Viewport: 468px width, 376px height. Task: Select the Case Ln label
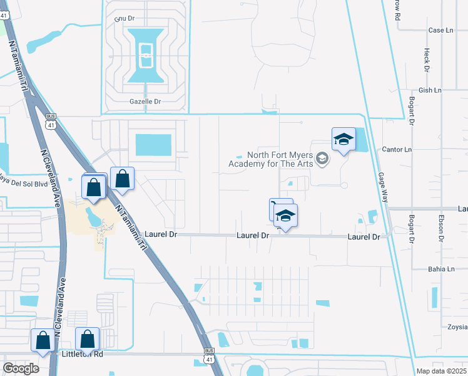(440, 30)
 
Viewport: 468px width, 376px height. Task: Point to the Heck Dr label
(427, 61)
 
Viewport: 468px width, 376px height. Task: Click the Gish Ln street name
(430, 90)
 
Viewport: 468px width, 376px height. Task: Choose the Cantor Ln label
(397, 150)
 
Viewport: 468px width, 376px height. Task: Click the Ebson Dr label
(441, 229)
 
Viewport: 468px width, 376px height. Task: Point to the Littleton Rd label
(82, 354)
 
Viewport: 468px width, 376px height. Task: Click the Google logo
(21, 368)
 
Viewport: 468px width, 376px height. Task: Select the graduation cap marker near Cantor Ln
(343, 140)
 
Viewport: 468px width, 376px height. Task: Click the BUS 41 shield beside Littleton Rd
(208, 355)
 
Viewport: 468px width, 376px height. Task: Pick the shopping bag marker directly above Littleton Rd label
(87, 339)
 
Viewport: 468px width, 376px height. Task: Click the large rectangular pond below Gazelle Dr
(153, 145)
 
